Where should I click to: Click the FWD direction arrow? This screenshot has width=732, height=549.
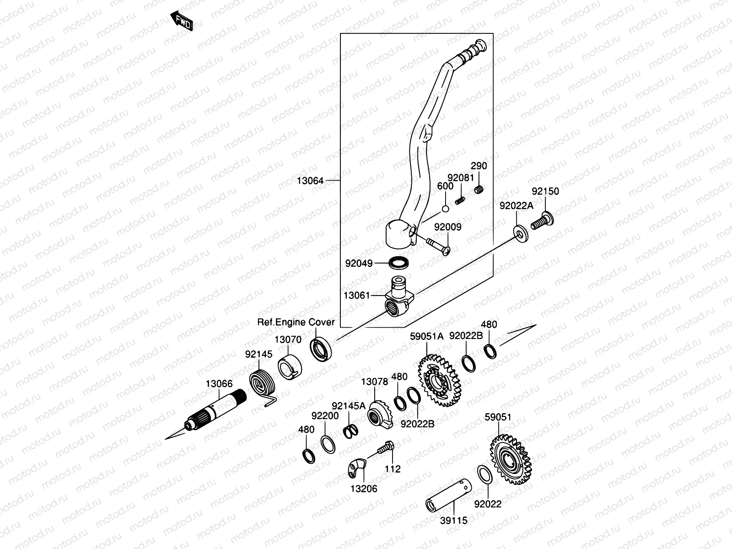182,21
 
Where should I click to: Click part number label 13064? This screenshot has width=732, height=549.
310,181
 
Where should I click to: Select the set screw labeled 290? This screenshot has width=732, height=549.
479,189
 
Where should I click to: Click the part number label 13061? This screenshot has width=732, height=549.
356,296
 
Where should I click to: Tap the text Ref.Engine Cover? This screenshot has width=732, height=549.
296,322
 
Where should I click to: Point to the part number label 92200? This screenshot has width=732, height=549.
325,416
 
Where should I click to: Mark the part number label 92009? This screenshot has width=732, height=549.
447,227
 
